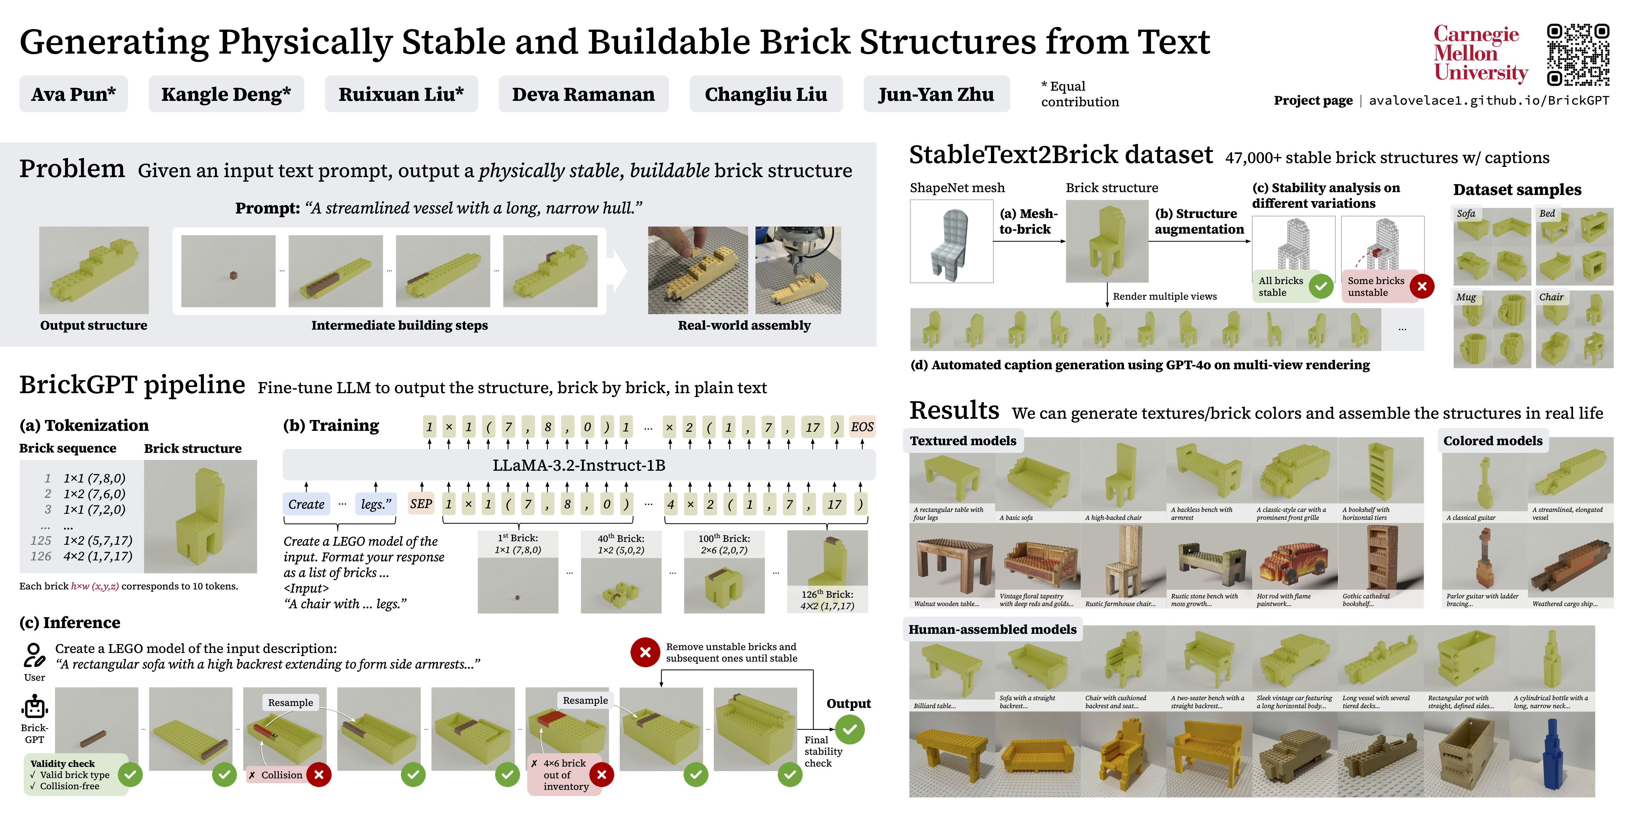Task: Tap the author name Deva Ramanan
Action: tap(583, 94)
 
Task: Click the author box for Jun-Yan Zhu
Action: tap(936, 94)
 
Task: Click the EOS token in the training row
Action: tap(861, 427)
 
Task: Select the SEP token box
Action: tap(421, 504)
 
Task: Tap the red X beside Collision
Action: tap(319, 775)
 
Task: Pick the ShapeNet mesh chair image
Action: tap(951, 242)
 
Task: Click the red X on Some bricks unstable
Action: tap(1422, 286)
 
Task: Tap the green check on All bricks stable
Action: tap(1320, 286)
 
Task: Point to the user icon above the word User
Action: tap(34, 655)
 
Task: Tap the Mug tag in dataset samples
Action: tap(1466, 297)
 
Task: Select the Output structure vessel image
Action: tap(94, 270)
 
